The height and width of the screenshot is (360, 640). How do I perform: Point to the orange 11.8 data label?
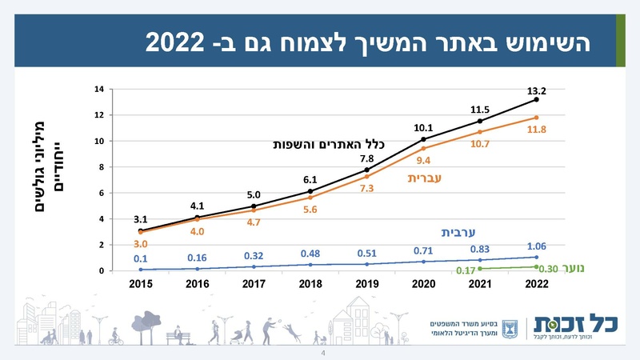[x=538, y=130]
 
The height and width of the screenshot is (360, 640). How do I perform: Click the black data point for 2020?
[x=423, y=139]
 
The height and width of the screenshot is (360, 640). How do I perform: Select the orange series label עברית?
[x=424, y=177]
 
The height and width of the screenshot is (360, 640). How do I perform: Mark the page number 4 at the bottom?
[x=323, y=353]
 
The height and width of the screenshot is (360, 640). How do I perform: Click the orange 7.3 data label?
[x=367, y=188]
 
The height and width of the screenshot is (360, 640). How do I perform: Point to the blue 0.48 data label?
[x=310, y=254]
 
